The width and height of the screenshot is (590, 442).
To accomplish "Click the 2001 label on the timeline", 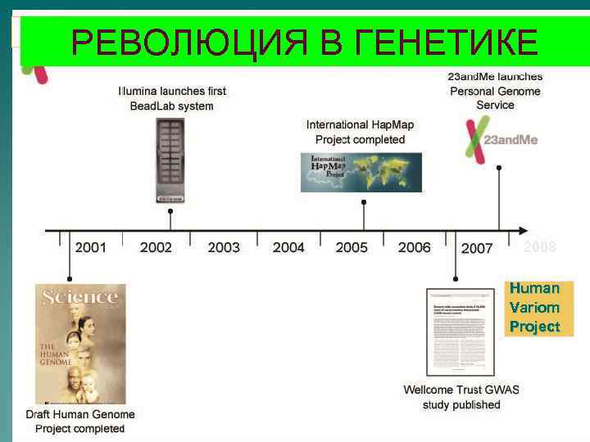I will pyautogui.click(x=90, y=247).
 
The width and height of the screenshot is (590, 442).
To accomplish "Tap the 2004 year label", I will pyautogui.click(x=288, y=247).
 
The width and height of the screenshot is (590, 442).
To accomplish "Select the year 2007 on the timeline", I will pyautogui.click(x=477, y=248).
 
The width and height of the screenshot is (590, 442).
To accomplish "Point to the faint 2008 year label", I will pyautogui.click(x=540, y=247).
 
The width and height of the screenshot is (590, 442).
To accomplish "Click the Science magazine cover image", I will pyautogui.click(x=80, y=344).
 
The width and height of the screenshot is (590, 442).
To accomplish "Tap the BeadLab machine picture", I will pyautogui.click(x=170, y=160).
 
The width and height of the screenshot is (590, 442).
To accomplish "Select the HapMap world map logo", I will pyautogui.click(x=361, y=172).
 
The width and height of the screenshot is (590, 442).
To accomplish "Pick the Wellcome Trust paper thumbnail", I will pyautogui.click(x=460, y=331).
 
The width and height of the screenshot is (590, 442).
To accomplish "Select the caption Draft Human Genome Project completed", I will pyautogui.click(x=79, y=422).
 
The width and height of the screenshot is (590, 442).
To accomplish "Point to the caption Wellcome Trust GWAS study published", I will pyautogui.click(x=461, y=397).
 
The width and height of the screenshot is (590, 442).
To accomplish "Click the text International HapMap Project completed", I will pyautogui.click(x=361, y=132).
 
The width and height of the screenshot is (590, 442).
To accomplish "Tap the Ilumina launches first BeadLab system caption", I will pyautogui.click(x=172, y=98).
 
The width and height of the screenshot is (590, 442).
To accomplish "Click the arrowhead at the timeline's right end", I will pyautogui.click(x=521, y=229).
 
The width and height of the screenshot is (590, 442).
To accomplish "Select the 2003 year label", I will pyautogui.click(x=224, y=247).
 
